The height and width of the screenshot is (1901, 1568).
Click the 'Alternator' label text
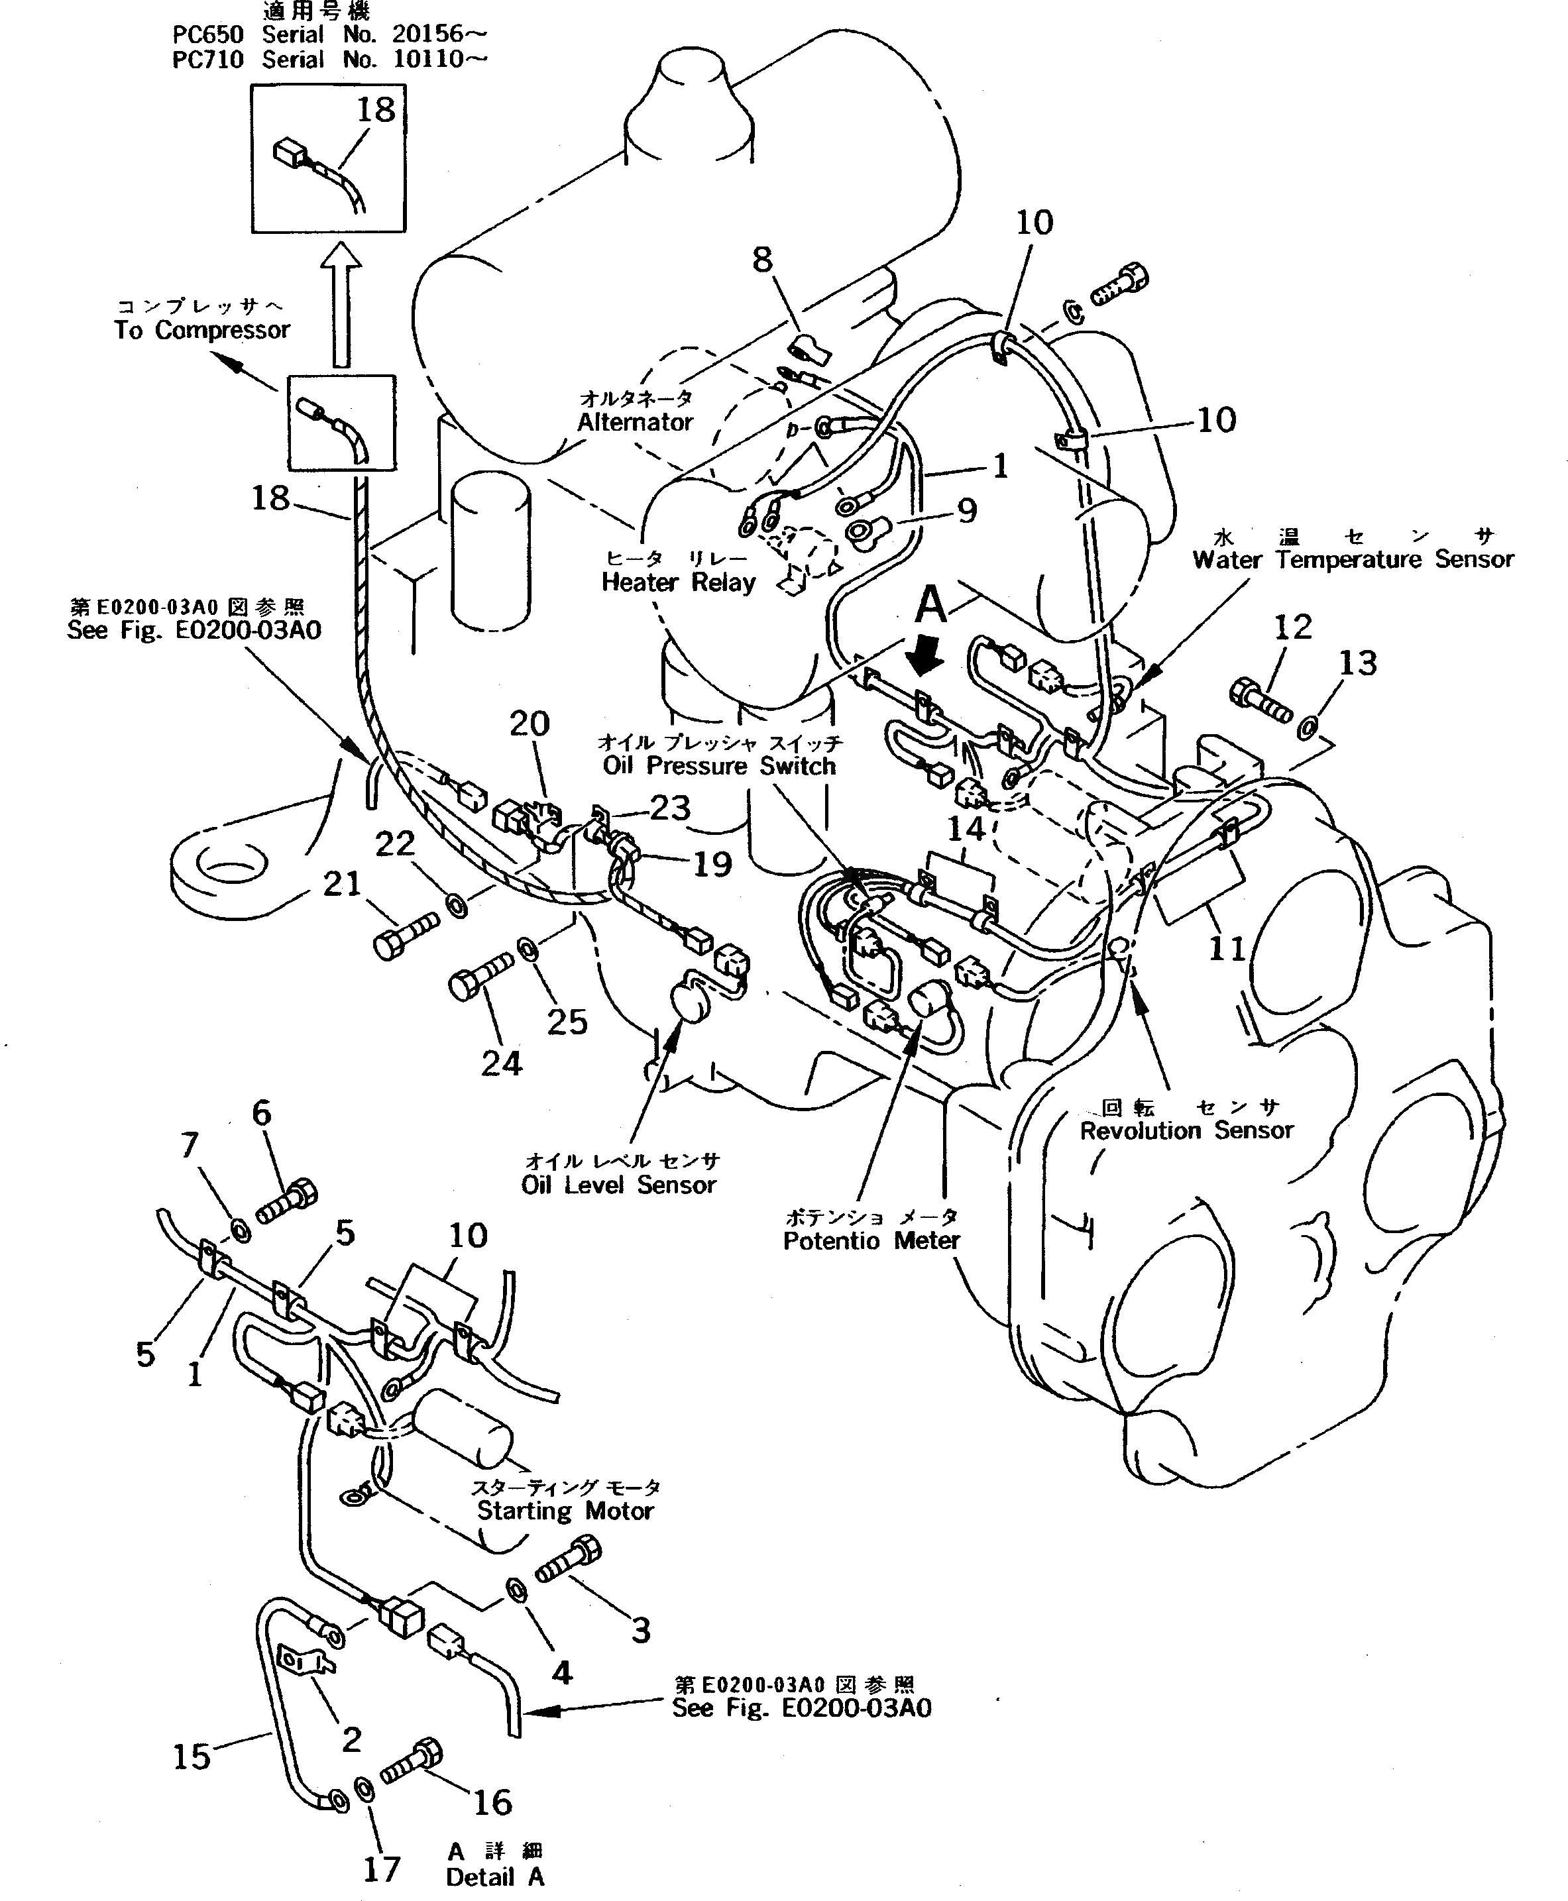(635, 421)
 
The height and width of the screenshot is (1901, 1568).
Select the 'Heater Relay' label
(679, 582)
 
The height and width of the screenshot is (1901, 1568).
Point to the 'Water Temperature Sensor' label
(1352, 560)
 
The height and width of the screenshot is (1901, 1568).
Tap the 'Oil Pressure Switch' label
(719, 766)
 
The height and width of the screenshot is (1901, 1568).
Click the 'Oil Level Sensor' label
(619, 1185)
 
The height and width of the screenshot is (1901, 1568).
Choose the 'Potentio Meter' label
(871, 1241)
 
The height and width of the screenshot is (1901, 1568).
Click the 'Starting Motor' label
(565, 1511)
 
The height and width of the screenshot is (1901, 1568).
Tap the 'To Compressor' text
(201, 331)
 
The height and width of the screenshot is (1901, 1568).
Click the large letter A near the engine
(930, 604)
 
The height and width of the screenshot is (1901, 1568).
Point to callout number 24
(501, 1064)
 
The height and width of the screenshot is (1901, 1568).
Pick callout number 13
(1357, 663)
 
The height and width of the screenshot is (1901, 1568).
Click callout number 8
(762, 260)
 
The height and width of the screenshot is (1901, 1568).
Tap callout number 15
(192, 1757)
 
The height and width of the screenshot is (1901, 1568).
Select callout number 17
(381, 1869)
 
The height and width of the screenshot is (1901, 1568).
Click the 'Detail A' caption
(495, 1876)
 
